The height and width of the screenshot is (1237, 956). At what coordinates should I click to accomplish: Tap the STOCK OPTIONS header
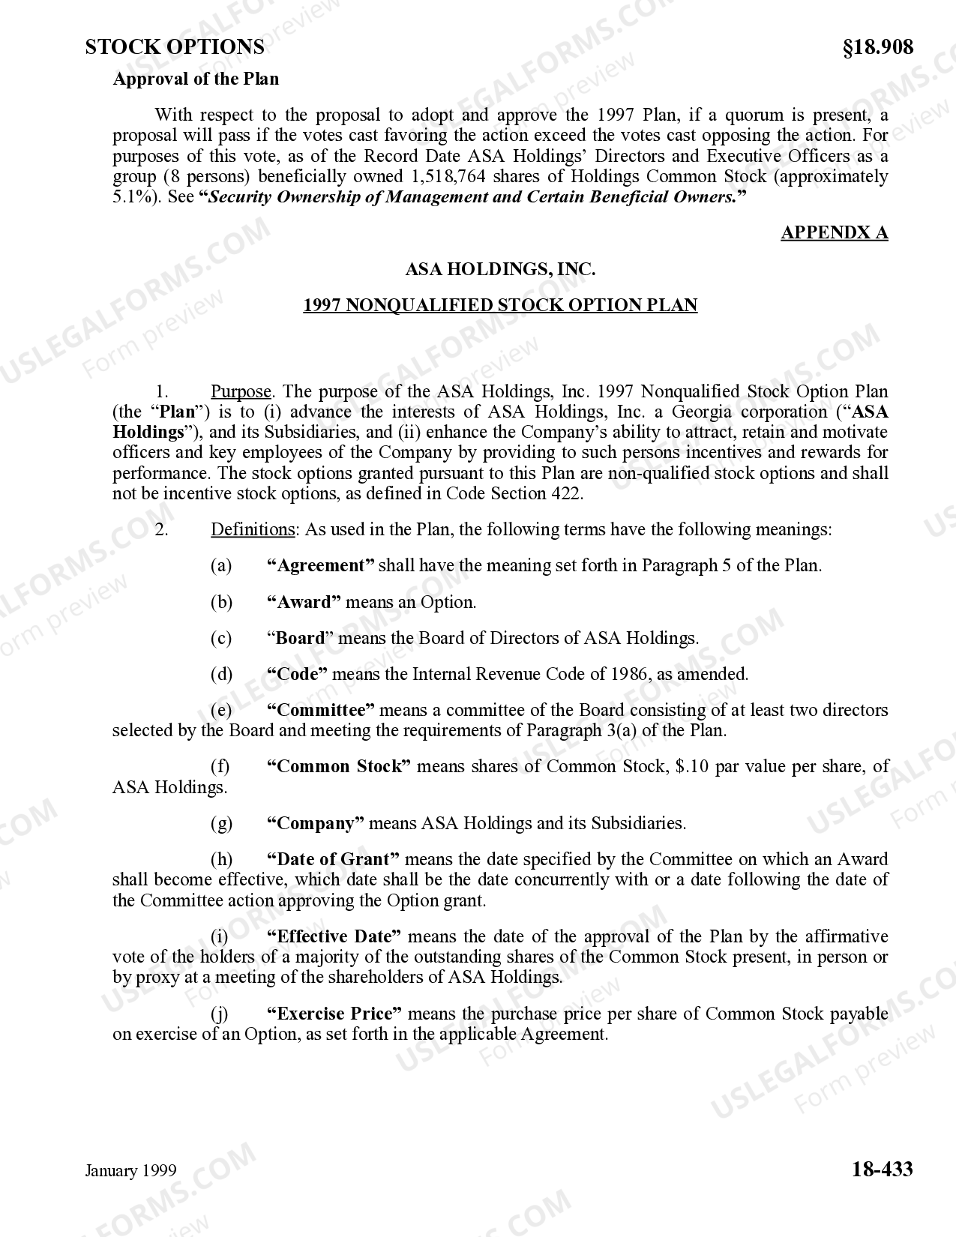pos(175,47)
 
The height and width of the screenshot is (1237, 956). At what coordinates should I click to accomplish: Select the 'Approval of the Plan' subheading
pos(196,79)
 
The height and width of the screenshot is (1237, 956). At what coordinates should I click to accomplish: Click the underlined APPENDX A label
pos(834,232)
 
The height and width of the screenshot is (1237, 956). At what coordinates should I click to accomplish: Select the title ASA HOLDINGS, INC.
pos(500,269)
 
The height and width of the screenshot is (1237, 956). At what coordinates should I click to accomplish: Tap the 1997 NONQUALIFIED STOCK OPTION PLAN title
pos(500,305)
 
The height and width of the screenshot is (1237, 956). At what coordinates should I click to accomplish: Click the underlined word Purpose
pos(241,391)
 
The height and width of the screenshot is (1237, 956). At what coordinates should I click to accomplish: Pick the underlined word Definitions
pos(253,530)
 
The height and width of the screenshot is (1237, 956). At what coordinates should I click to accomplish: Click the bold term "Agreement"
pos(321,566)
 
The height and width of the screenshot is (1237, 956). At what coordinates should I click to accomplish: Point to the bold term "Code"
pos(298,674)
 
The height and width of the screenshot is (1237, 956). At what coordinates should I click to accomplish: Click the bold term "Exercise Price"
pos(334,1014)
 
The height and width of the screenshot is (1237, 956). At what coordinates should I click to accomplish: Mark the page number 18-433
pos(882,1169)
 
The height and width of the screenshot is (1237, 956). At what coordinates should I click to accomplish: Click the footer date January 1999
pos(130,1171)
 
